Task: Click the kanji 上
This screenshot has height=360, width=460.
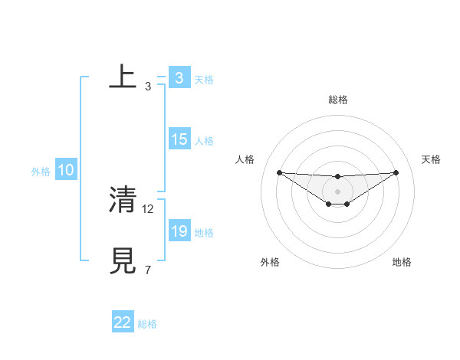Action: click(x=123, y=77)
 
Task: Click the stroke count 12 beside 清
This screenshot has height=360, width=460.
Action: click(x=149, y=208)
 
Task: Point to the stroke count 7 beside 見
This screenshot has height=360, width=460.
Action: click(x=147, y=270)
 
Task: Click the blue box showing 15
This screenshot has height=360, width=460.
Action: click(x=179, y=139)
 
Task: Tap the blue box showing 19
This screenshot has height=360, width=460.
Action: click(x=179, y=231)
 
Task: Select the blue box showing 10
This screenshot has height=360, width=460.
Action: click(x=66, y=170)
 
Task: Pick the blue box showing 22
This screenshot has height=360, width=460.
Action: click(x=123, y=322)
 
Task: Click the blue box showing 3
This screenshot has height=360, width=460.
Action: click(x=179, y=78)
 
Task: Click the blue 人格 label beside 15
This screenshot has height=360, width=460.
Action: click(x=204, y=141)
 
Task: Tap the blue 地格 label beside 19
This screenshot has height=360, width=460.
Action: click(x=204, y=233)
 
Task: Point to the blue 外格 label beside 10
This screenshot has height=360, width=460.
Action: click(x=41, y=172)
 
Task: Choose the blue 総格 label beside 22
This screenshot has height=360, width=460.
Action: click(x=147, y=324)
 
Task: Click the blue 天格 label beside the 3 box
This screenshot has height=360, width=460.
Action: click(x=204, y=80)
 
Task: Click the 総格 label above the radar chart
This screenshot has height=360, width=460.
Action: click(x=337, y=100)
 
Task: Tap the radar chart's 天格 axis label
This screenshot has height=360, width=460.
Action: click(x=432, y=159)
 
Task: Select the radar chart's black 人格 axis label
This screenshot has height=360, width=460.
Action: click(x=245, y=159)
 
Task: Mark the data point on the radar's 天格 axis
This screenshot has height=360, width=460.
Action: click(x=396, y=172)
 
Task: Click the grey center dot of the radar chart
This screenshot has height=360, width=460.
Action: click(x=337, y=191)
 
